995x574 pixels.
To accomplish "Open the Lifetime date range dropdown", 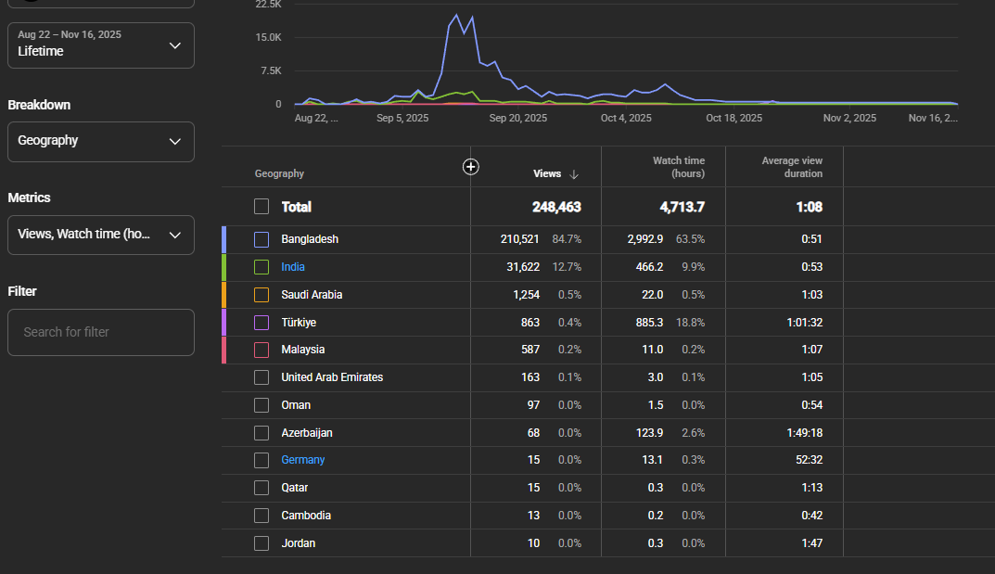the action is [101, 45].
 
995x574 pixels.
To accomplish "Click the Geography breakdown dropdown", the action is [101, 142].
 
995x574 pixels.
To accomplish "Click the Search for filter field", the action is [101, 332].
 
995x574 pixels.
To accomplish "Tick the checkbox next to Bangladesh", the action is [262, 239].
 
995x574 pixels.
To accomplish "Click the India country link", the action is [292, 267].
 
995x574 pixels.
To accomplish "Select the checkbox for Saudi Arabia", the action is [262, 295].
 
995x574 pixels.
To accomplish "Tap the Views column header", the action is [547, 173].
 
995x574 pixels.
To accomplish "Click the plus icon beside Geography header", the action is [471, 167].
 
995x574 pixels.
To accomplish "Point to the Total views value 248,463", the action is [556, 207].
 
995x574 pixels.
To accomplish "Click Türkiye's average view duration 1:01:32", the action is [805, 322].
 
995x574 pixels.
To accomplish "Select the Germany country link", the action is [302, 460].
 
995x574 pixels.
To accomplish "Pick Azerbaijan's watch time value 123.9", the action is [649, 432].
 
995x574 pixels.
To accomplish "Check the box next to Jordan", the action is [262, 543].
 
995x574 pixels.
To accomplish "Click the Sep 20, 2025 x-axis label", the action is [517, 118].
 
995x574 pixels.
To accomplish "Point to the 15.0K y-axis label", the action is [268, 37].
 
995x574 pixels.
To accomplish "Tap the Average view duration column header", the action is [792, 168].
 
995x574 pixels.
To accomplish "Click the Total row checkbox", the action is [262, 207].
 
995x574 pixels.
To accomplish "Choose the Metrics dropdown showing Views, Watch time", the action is [101, 235].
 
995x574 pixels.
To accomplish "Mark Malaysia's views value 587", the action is [530, 350].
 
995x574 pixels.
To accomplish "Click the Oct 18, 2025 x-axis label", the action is [734, 118].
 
